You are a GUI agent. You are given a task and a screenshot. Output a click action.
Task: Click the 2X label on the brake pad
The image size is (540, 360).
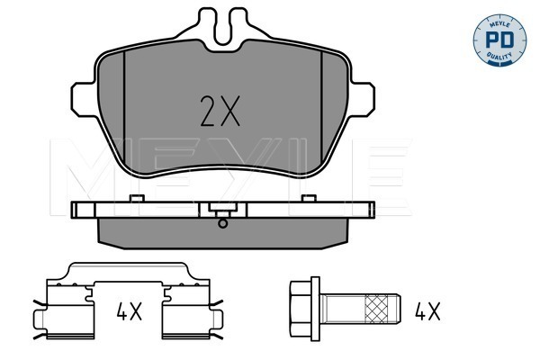click(220, 111)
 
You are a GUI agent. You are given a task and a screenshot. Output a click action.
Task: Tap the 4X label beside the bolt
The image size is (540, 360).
click(427, 311)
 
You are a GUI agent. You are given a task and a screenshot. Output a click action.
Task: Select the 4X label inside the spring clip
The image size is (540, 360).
click(129, 311)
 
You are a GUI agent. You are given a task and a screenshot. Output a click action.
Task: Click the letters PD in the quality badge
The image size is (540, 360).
click(499, 40)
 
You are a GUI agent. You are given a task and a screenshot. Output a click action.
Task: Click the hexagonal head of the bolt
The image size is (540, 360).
click(301, 309)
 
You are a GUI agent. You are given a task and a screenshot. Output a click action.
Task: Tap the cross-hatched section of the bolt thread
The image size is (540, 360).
click(376, 309)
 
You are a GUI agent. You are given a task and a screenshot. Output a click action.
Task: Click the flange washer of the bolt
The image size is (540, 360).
click(315, 309)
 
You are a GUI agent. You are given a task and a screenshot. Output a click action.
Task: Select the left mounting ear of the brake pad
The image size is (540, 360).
click(84, 99)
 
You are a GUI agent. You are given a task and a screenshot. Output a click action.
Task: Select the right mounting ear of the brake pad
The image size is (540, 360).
click(362, 99)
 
